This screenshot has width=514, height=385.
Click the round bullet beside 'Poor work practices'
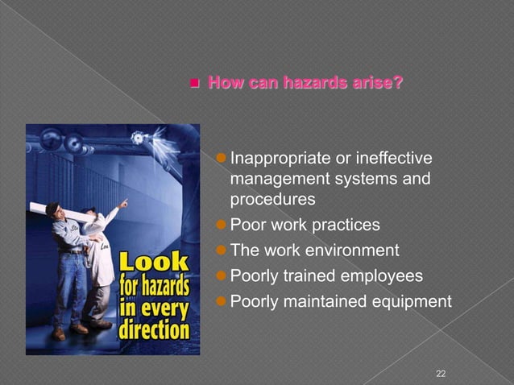coord(223,224)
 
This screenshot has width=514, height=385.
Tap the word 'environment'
coord(349,250)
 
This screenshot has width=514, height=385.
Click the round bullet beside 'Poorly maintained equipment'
coord(223,302)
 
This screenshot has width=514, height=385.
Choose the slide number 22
coord(440,373)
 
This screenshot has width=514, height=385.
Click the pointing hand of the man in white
coord(123,203)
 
